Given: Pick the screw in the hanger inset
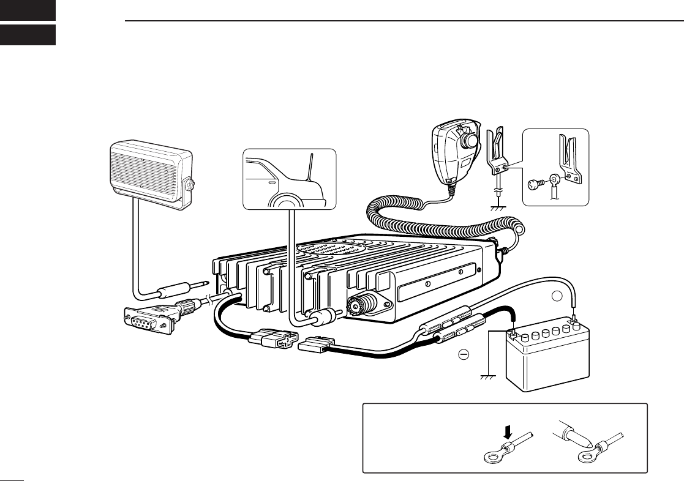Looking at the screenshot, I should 534,182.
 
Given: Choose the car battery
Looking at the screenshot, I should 547,358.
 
